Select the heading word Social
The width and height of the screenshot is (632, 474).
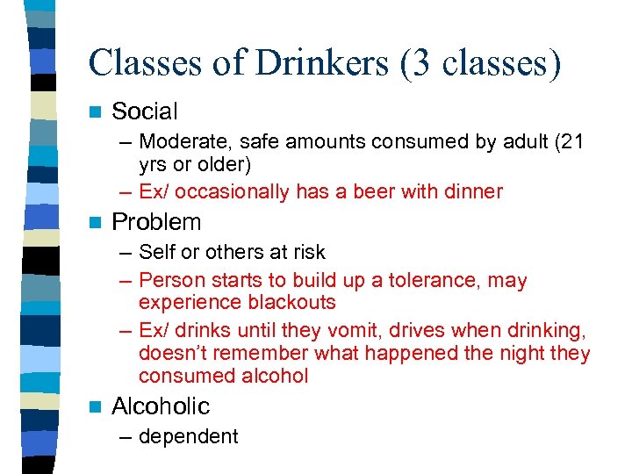pyautogui.click(x=145, y=111)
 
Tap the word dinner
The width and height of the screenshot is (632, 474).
pyautogui.click(x=470, y=190)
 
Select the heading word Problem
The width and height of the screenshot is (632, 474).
pyautogui.click(x=156, y=222)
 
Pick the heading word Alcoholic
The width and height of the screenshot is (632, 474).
pyautogui.click(x=161, y=406)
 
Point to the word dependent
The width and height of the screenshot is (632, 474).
pyautogui.click(x=189, y=436)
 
